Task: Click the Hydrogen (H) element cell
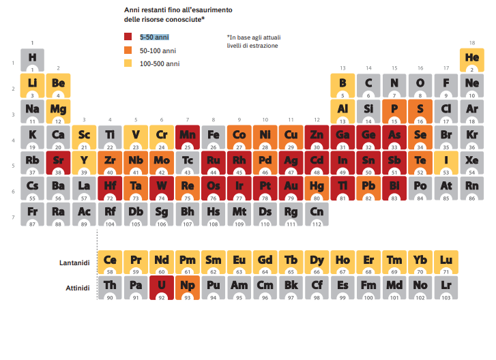[x=33, y=59]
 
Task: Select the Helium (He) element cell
[x=471, y=59]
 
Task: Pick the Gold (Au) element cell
[x=291, y=187]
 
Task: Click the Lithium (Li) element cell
[x=33, y=85]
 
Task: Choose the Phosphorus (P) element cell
[x=394, y=110]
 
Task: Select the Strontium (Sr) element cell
[x=59, y=162]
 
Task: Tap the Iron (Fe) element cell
[x=214, y=136]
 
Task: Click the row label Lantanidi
[x=74, y=262]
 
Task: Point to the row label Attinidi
[x=77, y=288]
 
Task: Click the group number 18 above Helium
[x=471, y=43]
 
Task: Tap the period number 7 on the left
[x=14, y=217]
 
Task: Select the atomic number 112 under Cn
[x=317, y=224]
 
